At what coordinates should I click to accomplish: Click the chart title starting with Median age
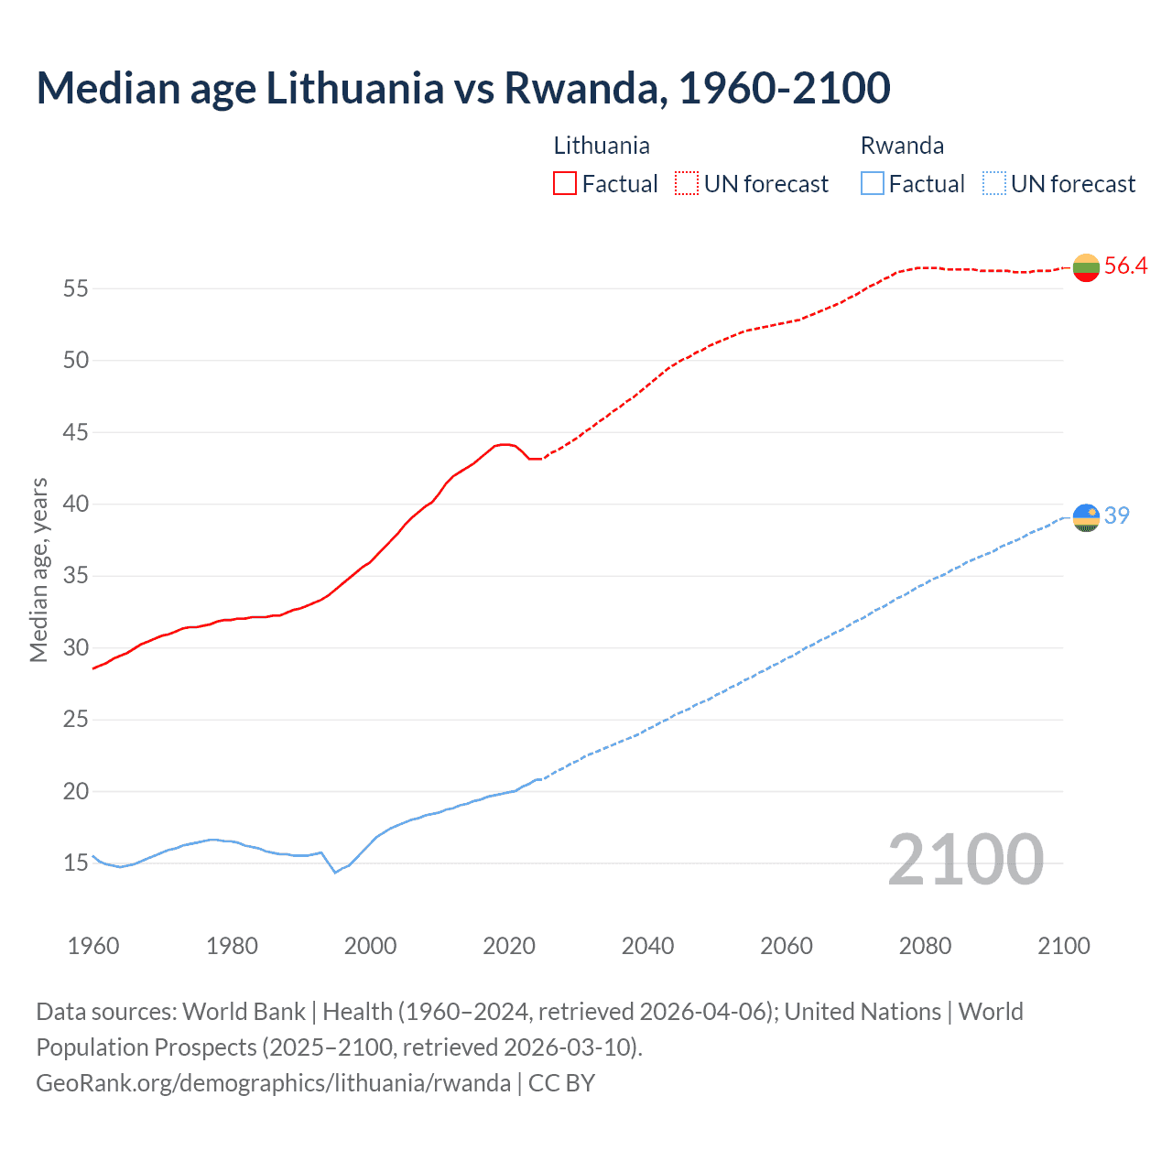(x=462, y=89)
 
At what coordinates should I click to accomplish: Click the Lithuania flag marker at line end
(x=1086, y=267)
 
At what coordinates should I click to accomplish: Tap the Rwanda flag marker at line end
(x=1086, y=517)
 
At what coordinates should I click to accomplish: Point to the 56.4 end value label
(x=1125, y=266)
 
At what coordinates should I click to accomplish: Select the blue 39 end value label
(x=1117, y=516)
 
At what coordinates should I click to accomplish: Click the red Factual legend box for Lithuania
(x=565, y=184)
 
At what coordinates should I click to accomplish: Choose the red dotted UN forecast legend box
(x=687, y=184)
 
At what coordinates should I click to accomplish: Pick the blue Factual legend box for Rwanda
(x=873, y=184)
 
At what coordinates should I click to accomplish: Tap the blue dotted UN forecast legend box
(x=993, y=184)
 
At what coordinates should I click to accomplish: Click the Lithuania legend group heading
(x=602, y=146)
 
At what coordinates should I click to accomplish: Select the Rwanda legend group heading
(x=902, y=146)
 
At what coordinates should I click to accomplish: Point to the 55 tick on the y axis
(x=76, y=288)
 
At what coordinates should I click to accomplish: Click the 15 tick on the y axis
(x=76, y=863)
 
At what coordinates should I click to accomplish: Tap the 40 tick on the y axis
(x=76, y=505)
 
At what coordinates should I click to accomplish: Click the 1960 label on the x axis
(x=93, y=946)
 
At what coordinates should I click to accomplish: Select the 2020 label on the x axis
(x=509, y=946)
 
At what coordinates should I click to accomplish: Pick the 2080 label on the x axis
(x=925, y=946)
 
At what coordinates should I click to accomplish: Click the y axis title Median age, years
(x=38, y=570)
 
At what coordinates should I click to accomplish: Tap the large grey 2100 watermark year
(x=965, y=860)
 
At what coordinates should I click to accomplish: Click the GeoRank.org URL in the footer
(x=273, y=1083)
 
